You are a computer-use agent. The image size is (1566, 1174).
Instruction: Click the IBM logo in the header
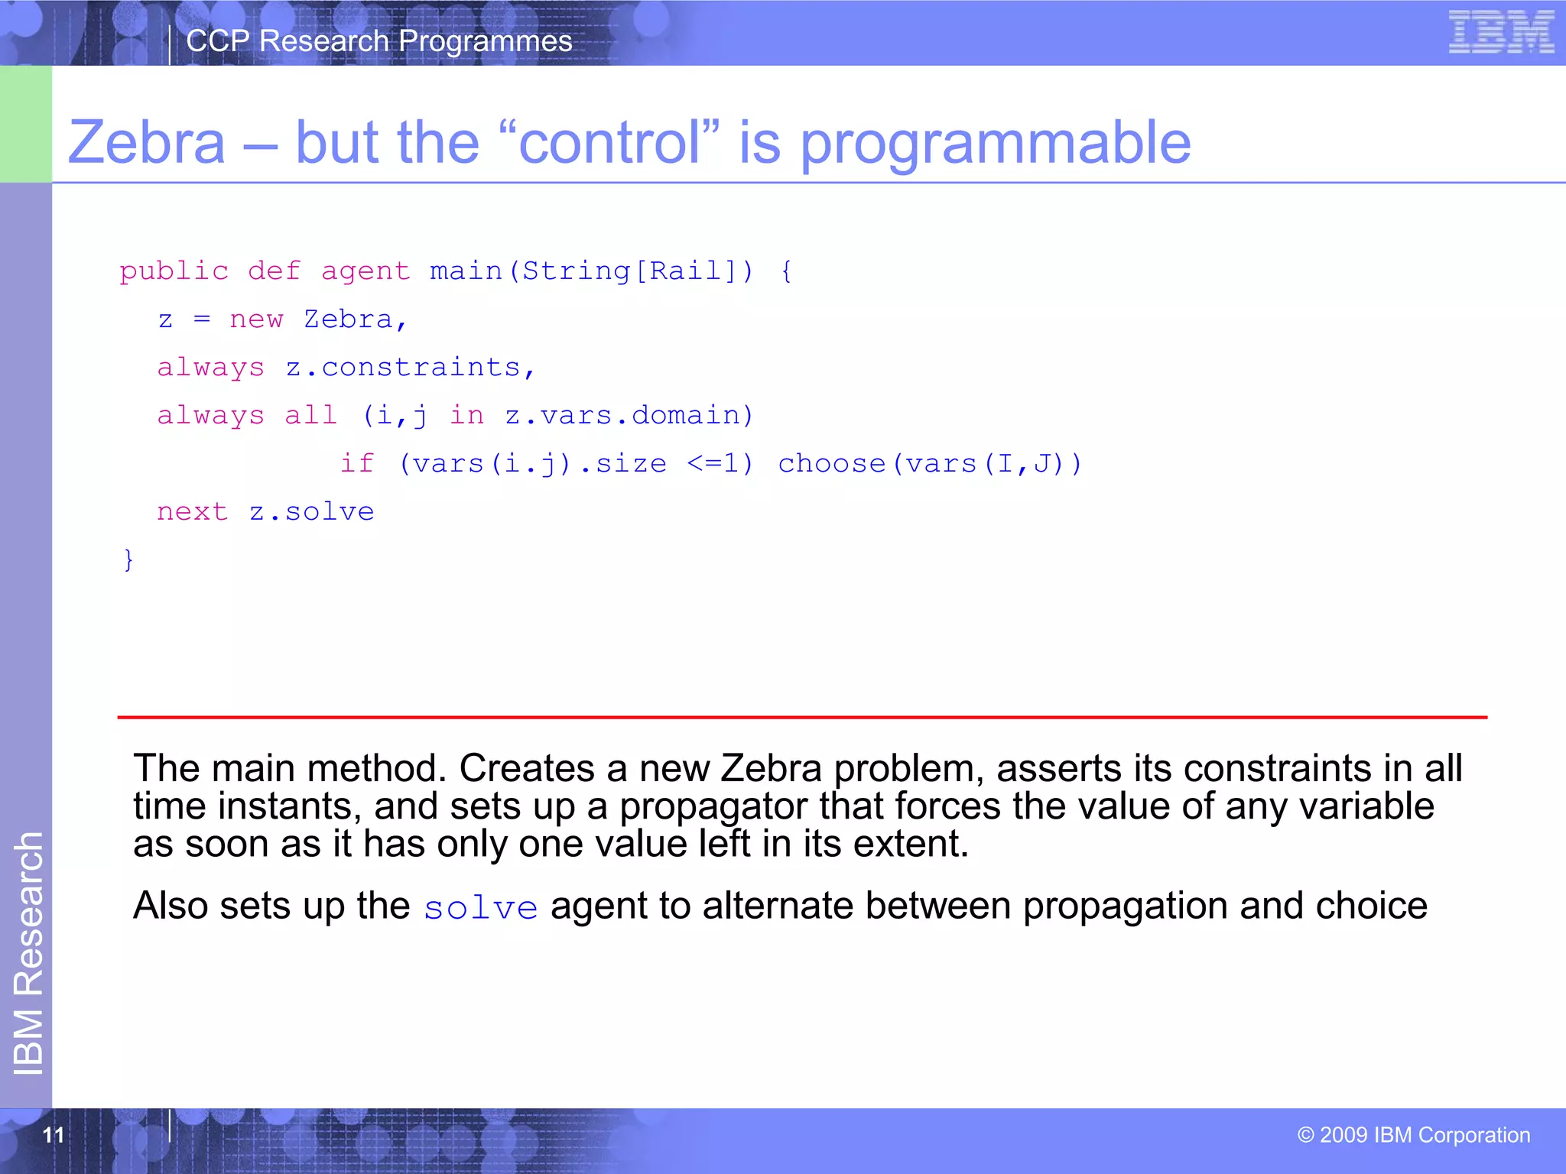pyautogui.click(x=1501, y=32)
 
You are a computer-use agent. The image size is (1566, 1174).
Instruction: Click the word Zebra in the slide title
pyautogui.click(x=147, y=143)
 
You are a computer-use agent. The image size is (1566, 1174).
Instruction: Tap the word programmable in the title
pyautogui.click(x=995, y=143)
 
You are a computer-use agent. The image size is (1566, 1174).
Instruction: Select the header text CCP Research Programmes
pyautogui.click(x=379, y=41)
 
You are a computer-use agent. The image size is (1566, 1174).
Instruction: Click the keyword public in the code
pyautogui.click(x=174, y=271)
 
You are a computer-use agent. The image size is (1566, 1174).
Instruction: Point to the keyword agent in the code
pyautogui.click(x=365, y=271)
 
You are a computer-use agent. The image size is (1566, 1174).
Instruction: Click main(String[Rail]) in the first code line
pyautogui.click(x=591, y=271)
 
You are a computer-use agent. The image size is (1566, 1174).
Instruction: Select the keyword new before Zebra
pyautogui.click(x=256, y=319)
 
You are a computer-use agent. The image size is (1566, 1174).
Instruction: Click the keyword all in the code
pyautogui.click(x=310, y=416)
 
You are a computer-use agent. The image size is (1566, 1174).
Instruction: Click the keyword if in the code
pyautogui.click(x=357, y=464)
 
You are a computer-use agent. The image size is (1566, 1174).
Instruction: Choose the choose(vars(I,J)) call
pyautogui.click(x=930, y=464)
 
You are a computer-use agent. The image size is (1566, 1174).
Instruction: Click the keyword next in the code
pyautogui.click(x=192, y=512)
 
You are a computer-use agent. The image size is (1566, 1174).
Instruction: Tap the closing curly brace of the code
pyautogui.click(x=128, y=559)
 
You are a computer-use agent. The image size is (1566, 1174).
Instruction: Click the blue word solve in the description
pyautogui.click(x=481, y=908)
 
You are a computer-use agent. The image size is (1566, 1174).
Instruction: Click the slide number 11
pyautogui.click(x=54, y=1135)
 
